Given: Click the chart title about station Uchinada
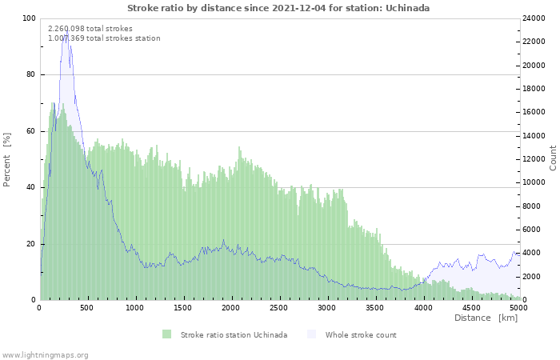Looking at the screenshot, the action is [278, 8].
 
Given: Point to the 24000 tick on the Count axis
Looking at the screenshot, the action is [534, 18].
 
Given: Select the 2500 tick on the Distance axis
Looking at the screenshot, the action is [278, 307].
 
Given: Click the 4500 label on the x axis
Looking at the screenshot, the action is [470, 307].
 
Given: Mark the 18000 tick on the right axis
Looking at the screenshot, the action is [534, 89].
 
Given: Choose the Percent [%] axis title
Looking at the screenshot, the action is [6, 160].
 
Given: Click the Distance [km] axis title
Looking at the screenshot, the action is [486, 318].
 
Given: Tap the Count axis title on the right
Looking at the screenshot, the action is [553, 158].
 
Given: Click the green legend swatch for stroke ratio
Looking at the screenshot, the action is [166, 334].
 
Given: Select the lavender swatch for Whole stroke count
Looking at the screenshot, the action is [311, 334].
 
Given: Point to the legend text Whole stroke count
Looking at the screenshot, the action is [361, 335].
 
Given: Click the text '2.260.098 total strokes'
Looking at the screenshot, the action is [90, 29].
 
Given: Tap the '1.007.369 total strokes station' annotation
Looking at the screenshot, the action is [104, 38].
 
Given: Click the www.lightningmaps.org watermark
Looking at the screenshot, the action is [44, 355].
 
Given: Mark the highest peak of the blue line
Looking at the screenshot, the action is [67, 30].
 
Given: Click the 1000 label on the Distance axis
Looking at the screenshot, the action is [134, 307].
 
